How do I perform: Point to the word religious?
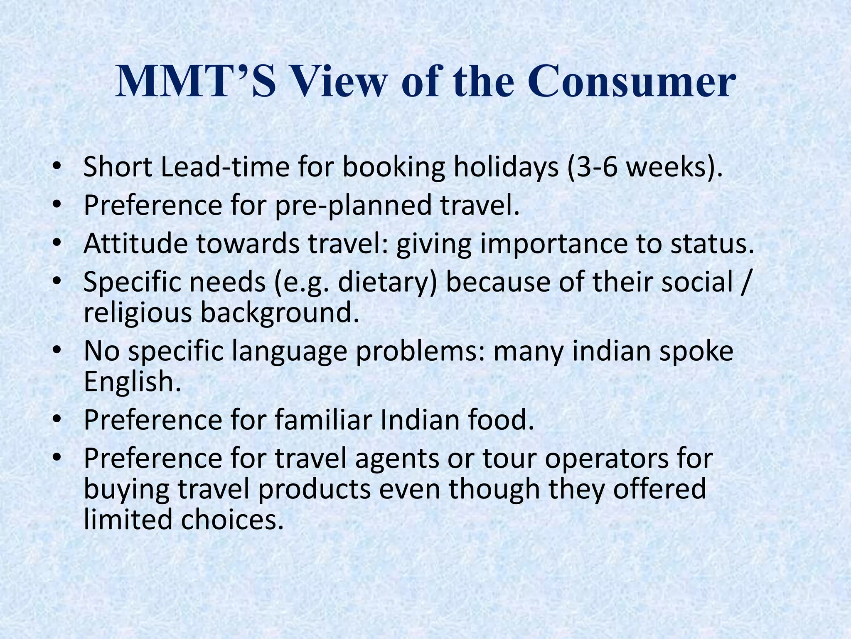pos(138,312)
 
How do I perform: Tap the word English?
pos(133,381)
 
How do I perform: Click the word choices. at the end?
pos(233,520)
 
